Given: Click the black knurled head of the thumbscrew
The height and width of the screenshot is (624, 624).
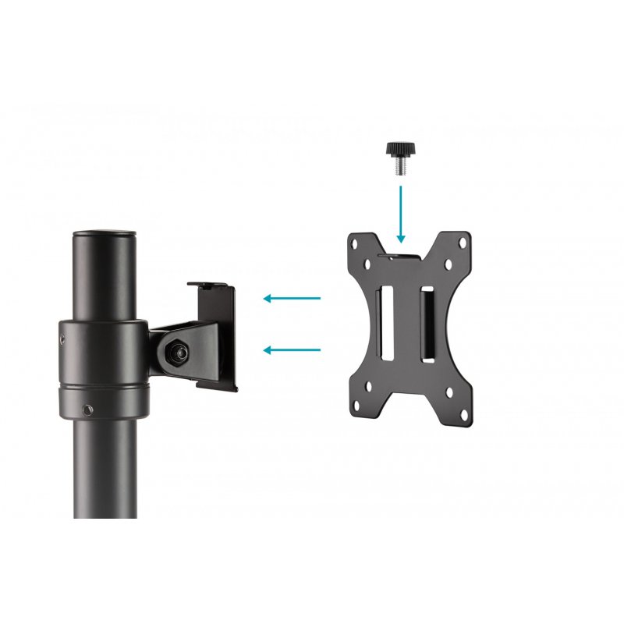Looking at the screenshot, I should pos(399,149).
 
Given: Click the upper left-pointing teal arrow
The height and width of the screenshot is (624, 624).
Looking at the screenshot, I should pos(292,298).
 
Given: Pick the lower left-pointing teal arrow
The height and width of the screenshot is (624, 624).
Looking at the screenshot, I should pos(292,350).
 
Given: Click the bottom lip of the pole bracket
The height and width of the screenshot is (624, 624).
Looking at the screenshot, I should pos(216,383).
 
